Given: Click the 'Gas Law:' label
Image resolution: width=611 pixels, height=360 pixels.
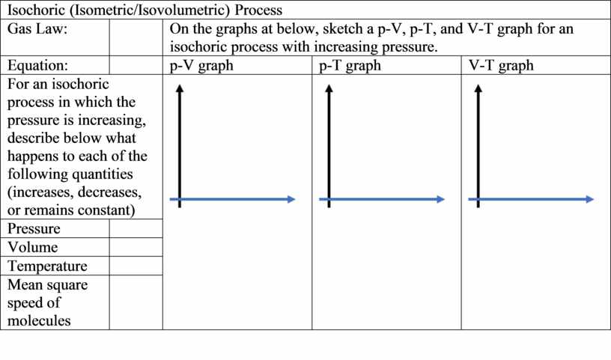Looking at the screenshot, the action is pos(37,29).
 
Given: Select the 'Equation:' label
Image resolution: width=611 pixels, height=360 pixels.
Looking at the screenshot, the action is pos(37,65).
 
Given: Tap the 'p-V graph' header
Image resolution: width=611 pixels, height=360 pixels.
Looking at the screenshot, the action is pos(201,65).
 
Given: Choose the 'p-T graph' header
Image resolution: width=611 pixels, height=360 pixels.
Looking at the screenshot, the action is pos(350,65).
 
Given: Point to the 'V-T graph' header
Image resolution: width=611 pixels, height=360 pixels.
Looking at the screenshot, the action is pos(501,65).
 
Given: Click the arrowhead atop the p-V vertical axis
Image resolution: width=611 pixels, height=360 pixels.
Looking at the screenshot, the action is pos(179,88).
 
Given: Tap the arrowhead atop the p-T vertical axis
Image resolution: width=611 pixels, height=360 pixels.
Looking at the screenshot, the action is pos(329,88).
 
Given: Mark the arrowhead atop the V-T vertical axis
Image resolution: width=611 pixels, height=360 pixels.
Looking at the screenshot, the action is pos(478,88).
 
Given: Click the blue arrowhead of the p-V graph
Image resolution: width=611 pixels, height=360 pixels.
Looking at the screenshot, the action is pos(291,199).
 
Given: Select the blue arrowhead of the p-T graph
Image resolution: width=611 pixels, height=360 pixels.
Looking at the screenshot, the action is pos(441,199).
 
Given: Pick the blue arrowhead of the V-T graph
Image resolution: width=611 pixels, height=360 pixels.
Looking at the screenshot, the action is pos(590,199).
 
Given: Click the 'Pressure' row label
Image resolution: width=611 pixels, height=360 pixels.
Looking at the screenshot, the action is pos(34,228).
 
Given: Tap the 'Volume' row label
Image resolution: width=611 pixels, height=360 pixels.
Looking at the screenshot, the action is pos(33,247).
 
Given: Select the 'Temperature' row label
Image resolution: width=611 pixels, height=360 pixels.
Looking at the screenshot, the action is pos(47,266).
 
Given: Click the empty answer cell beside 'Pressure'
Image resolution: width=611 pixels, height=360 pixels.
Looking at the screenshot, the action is pos(136,228).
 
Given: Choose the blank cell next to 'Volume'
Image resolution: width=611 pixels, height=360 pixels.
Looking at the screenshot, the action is pos(136,247).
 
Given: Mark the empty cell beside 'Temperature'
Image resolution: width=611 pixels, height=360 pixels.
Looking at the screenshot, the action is pos(136,266).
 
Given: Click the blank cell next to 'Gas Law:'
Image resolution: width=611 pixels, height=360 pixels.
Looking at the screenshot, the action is pos(136,37).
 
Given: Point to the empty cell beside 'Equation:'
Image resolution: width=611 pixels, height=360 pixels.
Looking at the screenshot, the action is pos(136,65).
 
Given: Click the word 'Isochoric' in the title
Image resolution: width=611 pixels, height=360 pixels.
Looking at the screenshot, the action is pos(36,10).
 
